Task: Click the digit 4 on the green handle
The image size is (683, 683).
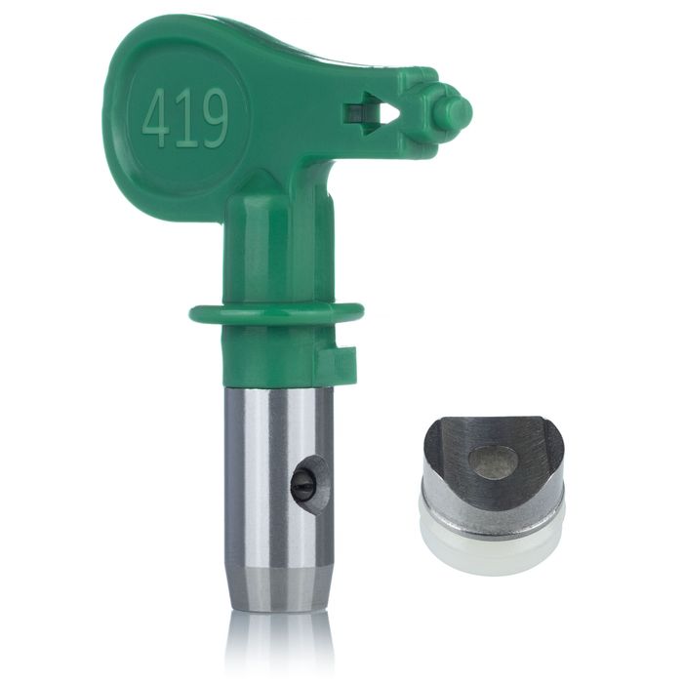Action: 158,118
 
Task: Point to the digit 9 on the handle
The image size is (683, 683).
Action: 212,118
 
